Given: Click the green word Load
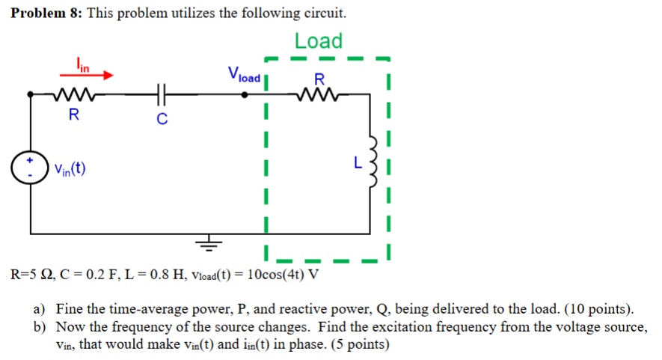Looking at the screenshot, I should coord(318,40).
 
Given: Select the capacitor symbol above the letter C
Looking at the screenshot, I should coord(160,95).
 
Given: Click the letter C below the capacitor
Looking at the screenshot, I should coord(160,118).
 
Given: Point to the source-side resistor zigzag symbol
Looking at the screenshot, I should coord(72,95).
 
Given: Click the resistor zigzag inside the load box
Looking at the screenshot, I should coord(319,95).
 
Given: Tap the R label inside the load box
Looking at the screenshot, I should coord(319,79).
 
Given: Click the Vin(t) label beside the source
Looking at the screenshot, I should coord(69,168).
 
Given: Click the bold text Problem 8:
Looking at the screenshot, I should coord(46,13).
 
